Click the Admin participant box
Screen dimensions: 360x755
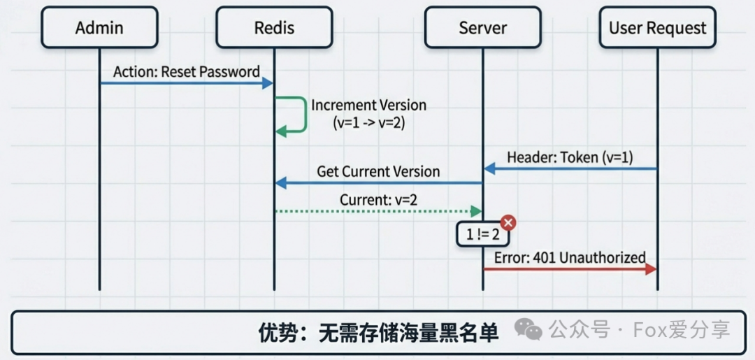(99, 28)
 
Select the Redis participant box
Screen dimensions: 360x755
(274, 28)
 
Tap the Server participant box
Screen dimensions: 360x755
(482, 28)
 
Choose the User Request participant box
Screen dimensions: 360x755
(657, 28)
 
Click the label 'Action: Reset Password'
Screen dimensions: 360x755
(187, 71)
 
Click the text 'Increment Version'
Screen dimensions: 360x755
(368, 106)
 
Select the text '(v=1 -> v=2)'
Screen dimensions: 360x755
(368, 122)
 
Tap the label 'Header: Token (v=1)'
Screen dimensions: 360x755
(570, 157)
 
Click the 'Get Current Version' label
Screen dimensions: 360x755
(378, 171)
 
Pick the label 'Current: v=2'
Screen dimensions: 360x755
(378, 200)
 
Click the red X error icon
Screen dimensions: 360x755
(508, 222)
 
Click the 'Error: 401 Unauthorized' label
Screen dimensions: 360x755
(570, 257)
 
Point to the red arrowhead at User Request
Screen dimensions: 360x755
(652, 268)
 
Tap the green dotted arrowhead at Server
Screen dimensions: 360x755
(477, 211)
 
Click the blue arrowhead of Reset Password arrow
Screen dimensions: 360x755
(268, 83)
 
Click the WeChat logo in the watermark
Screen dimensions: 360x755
(528, 328)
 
